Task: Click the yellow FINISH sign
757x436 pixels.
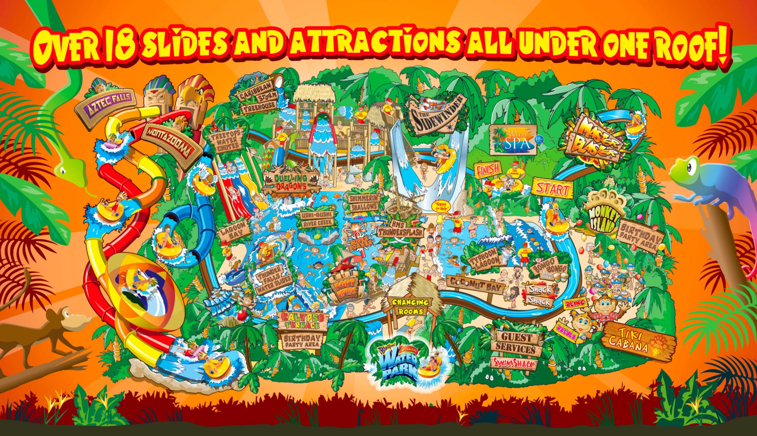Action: coord(488,169)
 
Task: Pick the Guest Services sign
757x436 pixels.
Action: coord(517,343)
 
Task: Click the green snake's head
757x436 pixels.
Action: coord(71,169)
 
